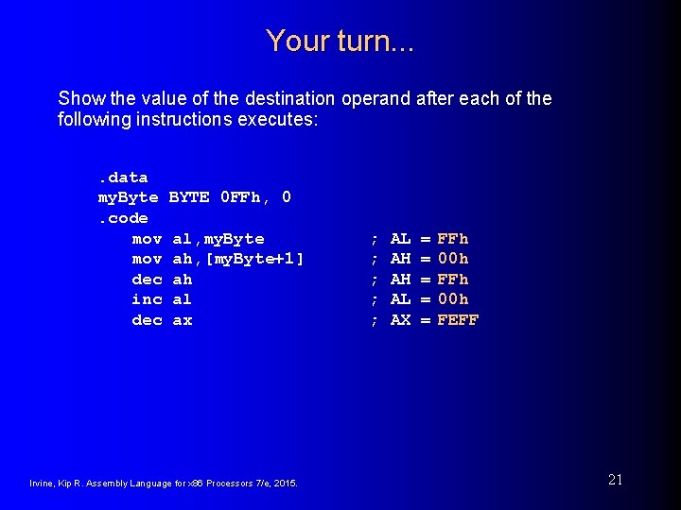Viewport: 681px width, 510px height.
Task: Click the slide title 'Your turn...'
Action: point(340,41)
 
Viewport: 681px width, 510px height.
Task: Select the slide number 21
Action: point(615,480)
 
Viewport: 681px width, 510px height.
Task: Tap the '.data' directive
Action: point(123,178)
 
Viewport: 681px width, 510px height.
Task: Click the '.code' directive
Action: point(123,218)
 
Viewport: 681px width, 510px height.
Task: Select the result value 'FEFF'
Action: point(458,320)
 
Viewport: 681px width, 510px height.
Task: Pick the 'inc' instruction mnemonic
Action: point(147,299)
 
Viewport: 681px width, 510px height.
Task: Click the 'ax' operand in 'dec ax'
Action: point(183,320)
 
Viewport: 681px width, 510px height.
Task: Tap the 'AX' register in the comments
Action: point(401,320)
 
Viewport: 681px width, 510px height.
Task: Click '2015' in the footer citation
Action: point(287,484)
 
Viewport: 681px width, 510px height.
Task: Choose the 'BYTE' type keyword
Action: point(188,197)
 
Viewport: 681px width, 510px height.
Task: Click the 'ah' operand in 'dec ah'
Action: point(183,280)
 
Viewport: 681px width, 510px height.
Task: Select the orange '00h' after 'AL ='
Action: point(453,299)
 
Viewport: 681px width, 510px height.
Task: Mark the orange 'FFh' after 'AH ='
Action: point(453,280)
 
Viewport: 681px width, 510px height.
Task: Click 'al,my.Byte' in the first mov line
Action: point(218,239)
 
